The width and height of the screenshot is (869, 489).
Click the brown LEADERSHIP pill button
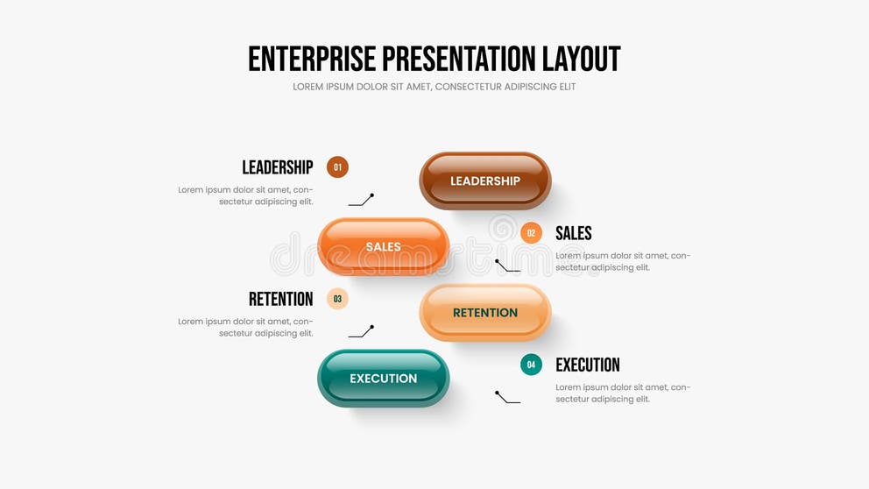point(484,181)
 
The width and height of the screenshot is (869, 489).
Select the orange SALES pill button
point(383,246)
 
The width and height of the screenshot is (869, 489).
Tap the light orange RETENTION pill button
point(484,312)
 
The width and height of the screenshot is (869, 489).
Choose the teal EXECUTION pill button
point(383,378)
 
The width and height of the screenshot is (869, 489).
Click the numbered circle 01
point(337,167)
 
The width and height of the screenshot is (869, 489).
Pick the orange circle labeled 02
point(531,233)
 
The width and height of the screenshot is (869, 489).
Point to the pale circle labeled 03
point(337,299)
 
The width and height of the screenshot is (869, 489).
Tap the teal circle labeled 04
point(531,365)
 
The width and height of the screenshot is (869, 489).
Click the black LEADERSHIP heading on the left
point(277,167)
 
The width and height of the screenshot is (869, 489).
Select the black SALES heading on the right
point(574,233)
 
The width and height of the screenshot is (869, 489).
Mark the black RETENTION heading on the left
point(280,299)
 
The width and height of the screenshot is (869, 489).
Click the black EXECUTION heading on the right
point(588,365)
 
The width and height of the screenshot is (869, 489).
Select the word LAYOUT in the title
point(582,59)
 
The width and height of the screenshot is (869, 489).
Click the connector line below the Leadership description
point(361,201)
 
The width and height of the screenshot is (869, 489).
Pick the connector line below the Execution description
point(507,398)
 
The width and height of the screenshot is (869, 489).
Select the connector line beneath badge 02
point(507,266)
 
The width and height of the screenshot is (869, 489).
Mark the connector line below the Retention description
point(361,332)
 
